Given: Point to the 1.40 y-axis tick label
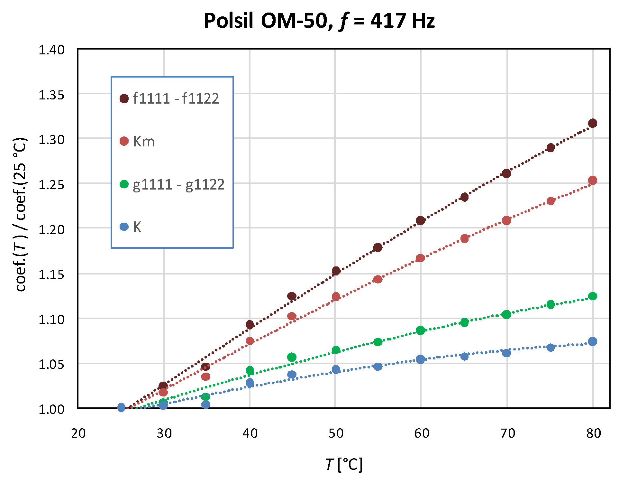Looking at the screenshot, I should pyautogui.click(x=51, y=50).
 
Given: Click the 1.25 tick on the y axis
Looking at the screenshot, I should pyautogui.click(x=51, y=185).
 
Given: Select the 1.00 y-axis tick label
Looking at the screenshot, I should pyautogui.click(x=51, y=409).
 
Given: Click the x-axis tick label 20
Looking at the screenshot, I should pyautogui.click(x=78, y=433).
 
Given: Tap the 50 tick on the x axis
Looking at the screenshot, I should pyautogui.click(x=336, y=433).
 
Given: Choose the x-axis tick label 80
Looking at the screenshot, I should pyautogui.click(x=594, y=433).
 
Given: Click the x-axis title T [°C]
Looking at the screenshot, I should pyautogui.click(x=343, y=464).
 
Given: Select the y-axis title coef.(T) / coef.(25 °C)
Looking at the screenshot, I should pyautogui.click(x=21, y=214).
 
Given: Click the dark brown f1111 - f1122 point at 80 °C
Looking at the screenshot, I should pyautogui.click(x=593, y=123).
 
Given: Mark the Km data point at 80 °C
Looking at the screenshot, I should pyautogui.click(x=593, y=181).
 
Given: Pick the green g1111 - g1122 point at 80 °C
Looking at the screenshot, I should pyautogui.click(x=593, y=296).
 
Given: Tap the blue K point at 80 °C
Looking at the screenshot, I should pyautogui.click(x=593, y=341).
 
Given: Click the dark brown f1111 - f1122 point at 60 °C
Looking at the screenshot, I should pyautogui.click(x=420, y=221).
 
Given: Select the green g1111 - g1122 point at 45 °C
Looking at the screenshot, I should pyautogui.click(x=292, y=357).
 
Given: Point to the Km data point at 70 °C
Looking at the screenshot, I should pyautogui.click(x=506, y=221).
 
